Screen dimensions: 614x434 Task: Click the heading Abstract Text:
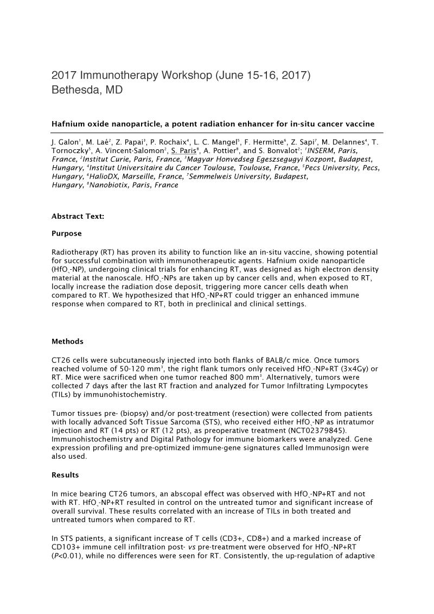(78, 216)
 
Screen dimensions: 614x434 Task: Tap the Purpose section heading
(67, 233)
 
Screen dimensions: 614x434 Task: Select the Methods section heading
(68, 341)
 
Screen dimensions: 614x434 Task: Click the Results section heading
(65, 475)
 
